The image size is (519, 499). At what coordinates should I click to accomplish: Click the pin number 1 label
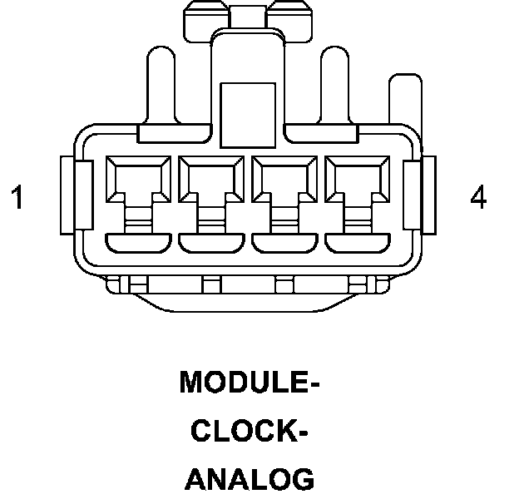[x=17, y=198]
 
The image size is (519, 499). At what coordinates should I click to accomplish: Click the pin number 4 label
[x=478, y=198]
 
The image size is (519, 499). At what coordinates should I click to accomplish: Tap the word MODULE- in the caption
[x=250, y=383]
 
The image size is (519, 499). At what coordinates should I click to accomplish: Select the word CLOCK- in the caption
[x=250, y=432]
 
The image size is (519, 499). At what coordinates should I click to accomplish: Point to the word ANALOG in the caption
[x=250, y=480]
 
